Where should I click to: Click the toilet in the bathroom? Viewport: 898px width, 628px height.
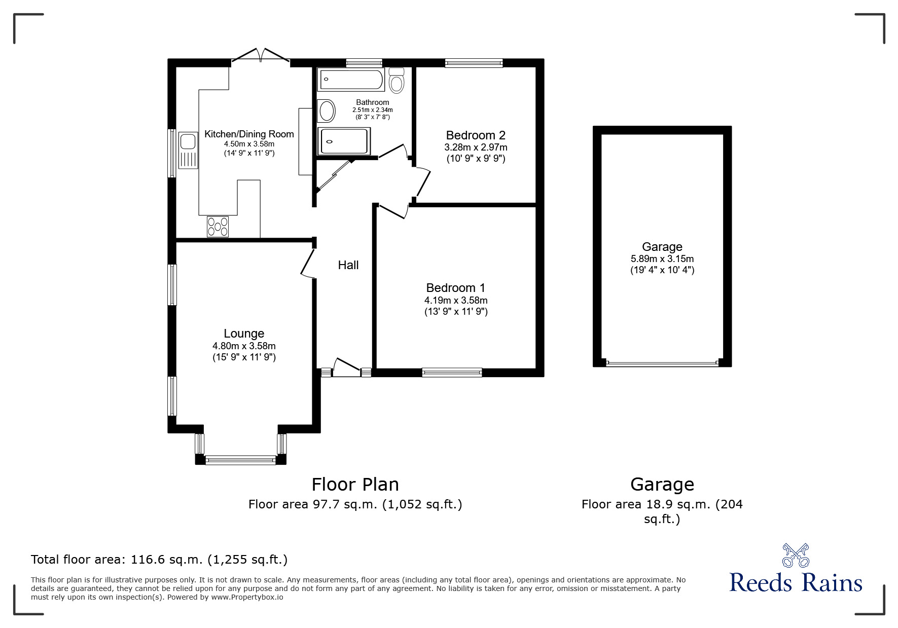[x=397, y=81]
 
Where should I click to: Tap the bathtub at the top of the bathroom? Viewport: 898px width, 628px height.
[x=350, y=80]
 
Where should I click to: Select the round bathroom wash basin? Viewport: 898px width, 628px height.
[x=327, y=110]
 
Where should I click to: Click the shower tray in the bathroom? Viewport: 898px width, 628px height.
[x=344, y=141]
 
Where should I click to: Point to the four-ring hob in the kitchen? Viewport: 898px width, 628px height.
[x=218, y=226]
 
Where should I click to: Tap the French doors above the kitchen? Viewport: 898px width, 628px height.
[x=261, y=56]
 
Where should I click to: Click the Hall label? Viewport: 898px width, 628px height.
[x=348, y=265]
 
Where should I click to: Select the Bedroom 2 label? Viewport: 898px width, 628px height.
[x=476, y=135]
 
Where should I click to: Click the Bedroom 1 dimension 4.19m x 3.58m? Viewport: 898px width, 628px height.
[x=456, y=301]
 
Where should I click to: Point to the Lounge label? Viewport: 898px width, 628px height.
[x=244, y=334]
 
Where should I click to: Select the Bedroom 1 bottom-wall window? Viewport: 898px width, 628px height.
[x=452, y=373]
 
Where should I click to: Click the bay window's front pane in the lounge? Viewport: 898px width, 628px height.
[x=241, y=460]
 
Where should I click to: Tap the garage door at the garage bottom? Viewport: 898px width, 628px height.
[x=662, y=363]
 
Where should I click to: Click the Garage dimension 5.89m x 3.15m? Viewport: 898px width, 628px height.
[x=662, y=259]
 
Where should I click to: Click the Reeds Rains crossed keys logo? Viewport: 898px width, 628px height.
[x=796, y=556]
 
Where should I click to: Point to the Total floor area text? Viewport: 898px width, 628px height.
[x=159, y=560]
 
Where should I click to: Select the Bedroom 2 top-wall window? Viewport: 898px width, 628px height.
[x=474, y=63]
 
